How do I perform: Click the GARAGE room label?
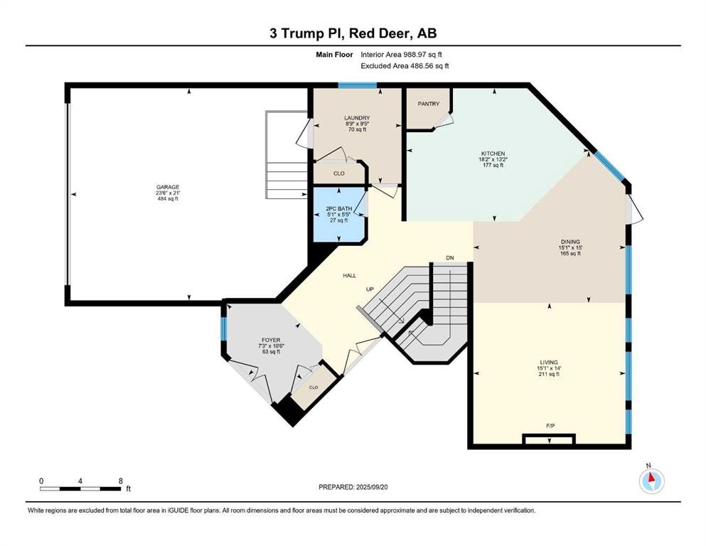pos(168,187)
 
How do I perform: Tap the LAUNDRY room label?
pos(357,118)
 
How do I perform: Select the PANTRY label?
pos(428,104)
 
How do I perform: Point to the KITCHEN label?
pos(493,154)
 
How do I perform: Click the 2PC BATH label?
pos(339,209)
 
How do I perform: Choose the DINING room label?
pos(570,242)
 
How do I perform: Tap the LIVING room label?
pos(549,363)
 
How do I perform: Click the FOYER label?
pos(271,341)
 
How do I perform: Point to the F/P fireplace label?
pos(550,425)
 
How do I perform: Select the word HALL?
pos(349,275)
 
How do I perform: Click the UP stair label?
pos(370,289)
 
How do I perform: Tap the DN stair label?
pos(450,258)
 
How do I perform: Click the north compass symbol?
pos(651,481)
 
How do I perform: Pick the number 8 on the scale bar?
pos(121,481)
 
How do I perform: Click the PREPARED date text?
pos(353,487)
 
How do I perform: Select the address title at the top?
pos(353,33)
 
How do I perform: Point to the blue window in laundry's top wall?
pos(358,85)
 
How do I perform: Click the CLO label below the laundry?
pos(339,173)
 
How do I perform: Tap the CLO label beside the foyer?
pos(314,387)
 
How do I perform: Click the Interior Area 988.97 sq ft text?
pos(401,55)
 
